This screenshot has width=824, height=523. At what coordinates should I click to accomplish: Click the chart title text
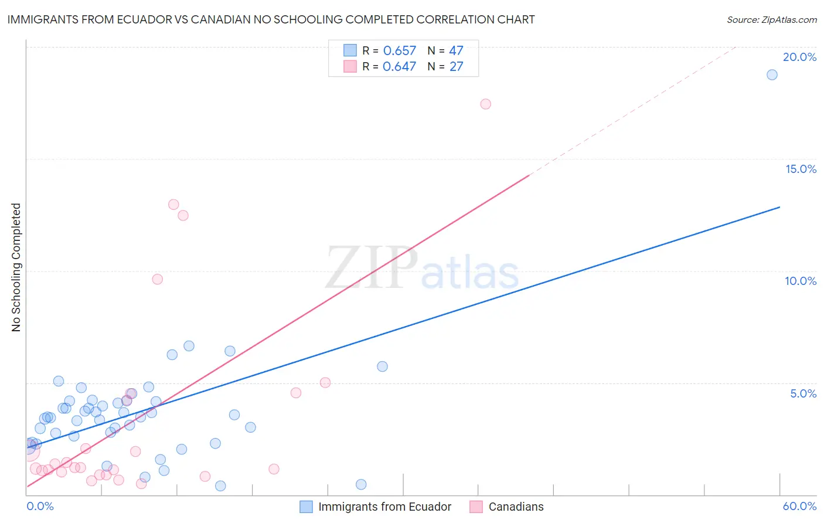click(x=271, y=19)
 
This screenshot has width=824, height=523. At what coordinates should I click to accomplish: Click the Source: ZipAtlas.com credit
click(x=771, y=20)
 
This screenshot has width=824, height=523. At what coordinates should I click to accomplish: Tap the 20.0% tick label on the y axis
click(x=799, y=57)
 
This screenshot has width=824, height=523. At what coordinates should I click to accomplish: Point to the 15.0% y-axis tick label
click(x=801, y=169)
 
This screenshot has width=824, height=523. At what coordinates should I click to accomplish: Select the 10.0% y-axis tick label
click(x=801, y=281)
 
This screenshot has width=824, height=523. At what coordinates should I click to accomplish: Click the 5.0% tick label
click(x=803, y=393)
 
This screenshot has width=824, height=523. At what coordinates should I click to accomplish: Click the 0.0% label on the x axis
click(x=40, y=506)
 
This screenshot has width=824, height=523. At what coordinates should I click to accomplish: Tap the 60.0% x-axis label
click(x=799, y=506)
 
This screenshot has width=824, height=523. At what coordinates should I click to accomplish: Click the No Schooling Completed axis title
click(x=16, y=267)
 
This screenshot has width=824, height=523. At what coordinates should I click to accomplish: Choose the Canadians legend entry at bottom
click(x=516, y=507)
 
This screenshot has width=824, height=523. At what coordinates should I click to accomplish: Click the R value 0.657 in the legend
click(x=399, y=51)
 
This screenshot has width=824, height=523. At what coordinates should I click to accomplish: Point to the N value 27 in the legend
click(x=456, y=67)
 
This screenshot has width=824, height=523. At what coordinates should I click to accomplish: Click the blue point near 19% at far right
click(x=772, y=74)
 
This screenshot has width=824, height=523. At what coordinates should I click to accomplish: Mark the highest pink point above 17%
click(x=485, y=104)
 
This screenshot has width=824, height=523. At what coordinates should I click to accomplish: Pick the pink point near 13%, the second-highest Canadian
click(x=173, y=205)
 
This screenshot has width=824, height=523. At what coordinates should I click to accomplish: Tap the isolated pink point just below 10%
click(x=157, y=279)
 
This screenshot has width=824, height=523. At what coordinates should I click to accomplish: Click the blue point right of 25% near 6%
click(x=382, y=366)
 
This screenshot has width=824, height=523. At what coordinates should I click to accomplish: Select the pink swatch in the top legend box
click(x=350, y=66)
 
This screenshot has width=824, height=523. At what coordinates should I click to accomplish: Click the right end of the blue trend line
click(x=779, y=207)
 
